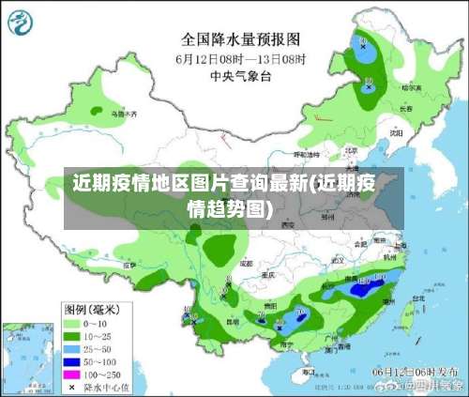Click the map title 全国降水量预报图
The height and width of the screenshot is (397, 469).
pyautogui.click(x=240, y=39)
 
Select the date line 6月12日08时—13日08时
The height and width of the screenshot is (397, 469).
pyautogui.click(x=240, y=58)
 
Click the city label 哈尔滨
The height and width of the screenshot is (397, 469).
pyautogui.click(x=409, y=86)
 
